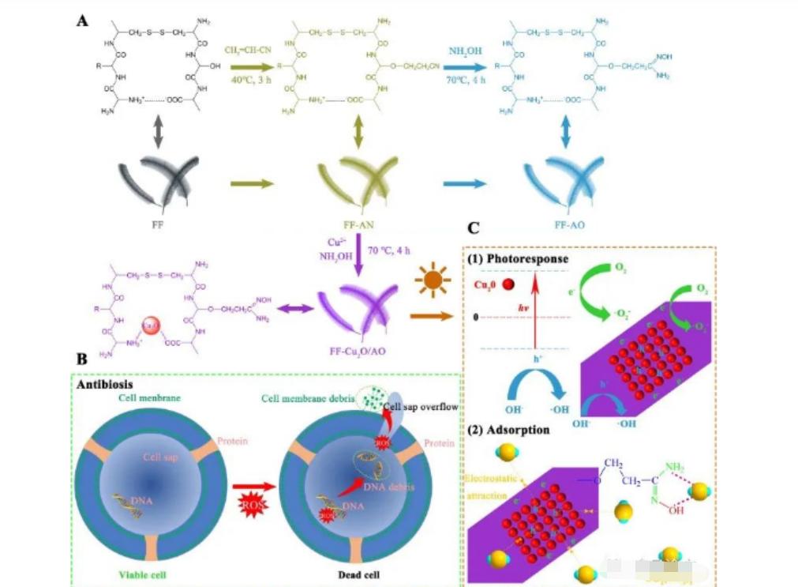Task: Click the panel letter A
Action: point(82,21)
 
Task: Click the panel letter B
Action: point(81,359)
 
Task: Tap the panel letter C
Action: point(474,228)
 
